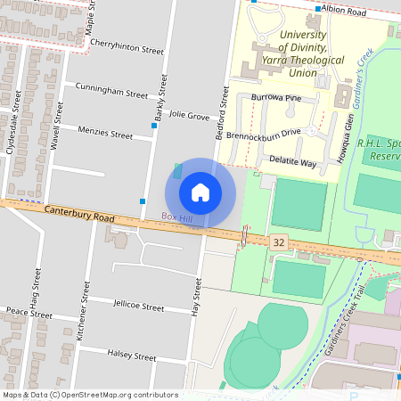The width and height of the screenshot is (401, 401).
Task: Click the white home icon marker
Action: pyautogui.click(x=200, y=192)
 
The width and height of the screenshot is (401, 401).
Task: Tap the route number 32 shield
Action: pyautogui.click(x=280, y=242)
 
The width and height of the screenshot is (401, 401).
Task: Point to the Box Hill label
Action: pyautogui.click(x=176, y=217)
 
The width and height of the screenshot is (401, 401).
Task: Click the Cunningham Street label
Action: pyautogui.click(x=111, y=93)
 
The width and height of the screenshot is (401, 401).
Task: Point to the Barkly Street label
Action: pyautogui.click(x=161, y=97)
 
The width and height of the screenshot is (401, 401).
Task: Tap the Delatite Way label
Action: pyautogui.click(x=292, y=163)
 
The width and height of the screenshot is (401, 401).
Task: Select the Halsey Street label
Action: pyautogui.click(x=131, y=356)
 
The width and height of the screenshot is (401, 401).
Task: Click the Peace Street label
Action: pyautogui.click(x=29, y=314)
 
